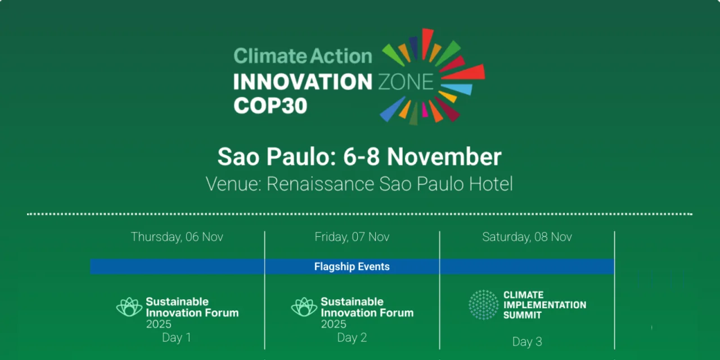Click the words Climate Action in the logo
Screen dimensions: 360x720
303,56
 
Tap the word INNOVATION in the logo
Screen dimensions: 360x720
303,82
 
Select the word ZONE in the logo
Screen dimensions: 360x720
405,82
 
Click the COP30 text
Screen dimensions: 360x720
271,105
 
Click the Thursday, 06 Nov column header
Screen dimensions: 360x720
177,237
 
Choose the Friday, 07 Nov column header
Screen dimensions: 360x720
352,237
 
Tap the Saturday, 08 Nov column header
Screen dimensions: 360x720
527,237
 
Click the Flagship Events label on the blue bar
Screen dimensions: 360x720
352,267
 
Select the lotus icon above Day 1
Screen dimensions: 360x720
129,307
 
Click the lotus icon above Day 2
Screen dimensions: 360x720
304,307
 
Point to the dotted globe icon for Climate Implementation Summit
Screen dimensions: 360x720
484,305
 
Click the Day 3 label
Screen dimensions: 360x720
527,341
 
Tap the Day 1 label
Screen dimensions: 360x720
177,337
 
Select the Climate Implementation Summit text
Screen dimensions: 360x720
544,305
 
